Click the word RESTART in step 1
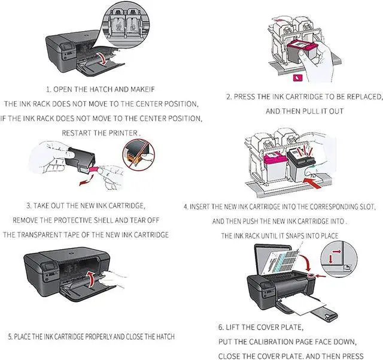[80, 132]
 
